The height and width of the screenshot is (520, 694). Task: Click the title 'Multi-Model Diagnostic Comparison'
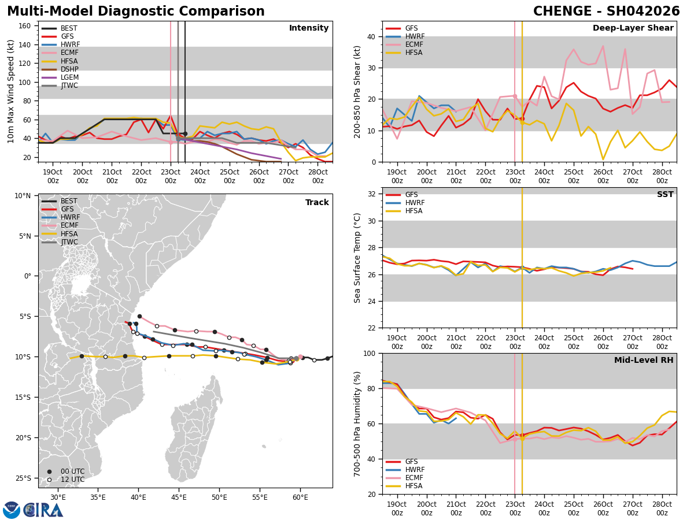[x=135, y=12]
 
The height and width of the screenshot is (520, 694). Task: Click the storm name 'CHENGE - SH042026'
[x=606, y=12]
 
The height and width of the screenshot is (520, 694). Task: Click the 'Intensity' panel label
[x=309, y=28]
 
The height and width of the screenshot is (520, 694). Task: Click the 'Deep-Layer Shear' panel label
[x=633, y=28]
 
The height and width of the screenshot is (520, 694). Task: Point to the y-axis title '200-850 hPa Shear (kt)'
[x=358, y=91]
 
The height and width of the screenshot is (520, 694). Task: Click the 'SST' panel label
[x=665, y=195]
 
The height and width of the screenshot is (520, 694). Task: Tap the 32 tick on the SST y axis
[x=373, y=194]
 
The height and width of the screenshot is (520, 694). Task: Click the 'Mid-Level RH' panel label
[x=644, y=361]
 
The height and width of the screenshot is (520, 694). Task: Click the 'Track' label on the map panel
[x=317, y=203]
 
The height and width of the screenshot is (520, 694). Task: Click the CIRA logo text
[x=43, y=510]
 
